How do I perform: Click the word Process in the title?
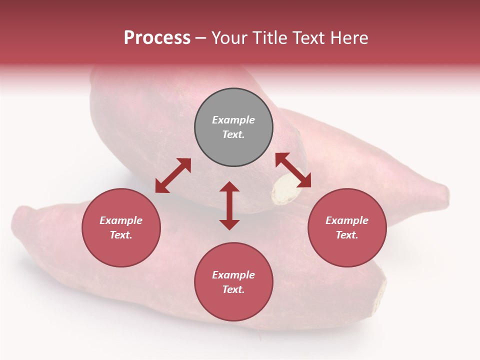(x=157, y=38)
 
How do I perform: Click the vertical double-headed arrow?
(x=229, y=205)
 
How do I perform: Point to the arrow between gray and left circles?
(x=173, y=175)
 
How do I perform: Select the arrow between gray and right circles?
(x=293, y=170)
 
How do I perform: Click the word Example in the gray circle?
(x=233, y=120)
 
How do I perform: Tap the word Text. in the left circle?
(x=121, y=235)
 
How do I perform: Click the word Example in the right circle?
(x=347, y=220)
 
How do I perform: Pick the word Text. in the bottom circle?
(x=233, y=289)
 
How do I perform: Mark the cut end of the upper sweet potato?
(x=283, y=192)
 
